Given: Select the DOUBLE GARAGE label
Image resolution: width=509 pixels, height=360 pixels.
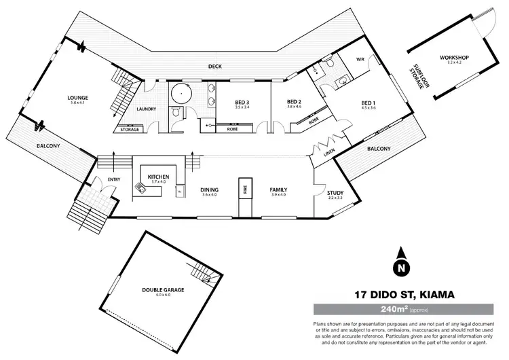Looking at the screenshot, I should pyautogui.click(x=163, y=289).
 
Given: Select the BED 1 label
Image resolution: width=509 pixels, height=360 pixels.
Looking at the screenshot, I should pyautogui.click(x=369, y=103).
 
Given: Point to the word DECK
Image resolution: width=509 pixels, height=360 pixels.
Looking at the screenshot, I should pyautogui.click(x=216, y=66).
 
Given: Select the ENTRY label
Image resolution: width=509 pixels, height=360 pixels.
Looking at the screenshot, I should pyautogui.click(x=106, y=179).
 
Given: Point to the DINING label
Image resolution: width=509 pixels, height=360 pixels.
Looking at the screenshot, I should pyautogui.click(x=209, y=190).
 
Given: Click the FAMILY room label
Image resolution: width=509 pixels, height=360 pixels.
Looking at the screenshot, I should pyautogui.click(x=278, y=190).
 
